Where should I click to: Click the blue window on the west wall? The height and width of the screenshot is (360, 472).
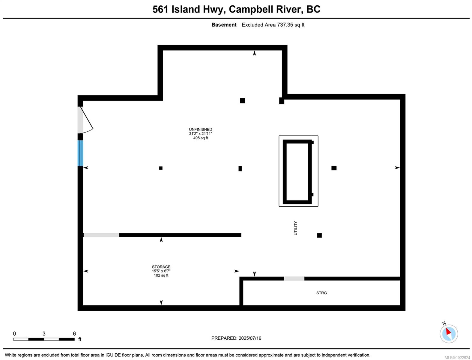point(80,153)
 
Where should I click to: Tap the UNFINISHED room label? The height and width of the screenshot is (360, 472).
point(200,130)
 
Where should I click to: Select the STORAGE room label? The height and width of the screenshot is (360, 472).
point(161,267)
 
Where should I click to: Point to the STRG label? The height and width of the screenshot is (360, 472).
point(321,293)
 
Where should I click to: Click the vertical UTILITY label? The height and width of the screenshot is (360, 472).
point(295,228)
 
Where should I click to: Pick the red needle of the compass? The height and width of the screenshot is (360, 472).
point(448,331)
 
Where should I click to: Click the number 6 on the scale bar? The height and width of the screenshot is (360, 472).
point(74,334)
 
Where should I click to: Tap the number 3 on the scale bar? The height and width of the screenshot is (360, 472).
point(44,334)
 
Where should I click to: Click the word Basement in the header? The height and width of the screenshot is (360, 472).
point(224,25)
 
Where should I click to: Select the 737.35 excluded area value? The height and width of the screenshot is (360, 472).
point(285,25)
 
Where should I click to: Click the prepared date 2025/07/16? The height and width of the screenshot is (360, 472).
point(250,338)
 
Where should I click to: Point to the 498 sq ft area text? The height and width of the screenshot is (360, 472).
point(200,138)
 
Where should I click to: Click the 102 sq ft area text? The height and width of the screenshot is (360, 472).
point(161,275)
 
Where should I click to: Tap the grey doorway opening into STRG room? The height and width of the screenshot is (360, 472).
point(294,278)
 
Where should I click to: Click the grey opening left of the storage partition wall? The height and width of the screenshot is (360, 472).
point(101,235)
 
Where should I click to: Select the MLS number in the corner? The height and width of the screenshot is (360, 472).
point(457,358)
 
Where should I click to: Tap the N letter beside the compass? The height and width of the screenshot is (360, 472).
point(444,323)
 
